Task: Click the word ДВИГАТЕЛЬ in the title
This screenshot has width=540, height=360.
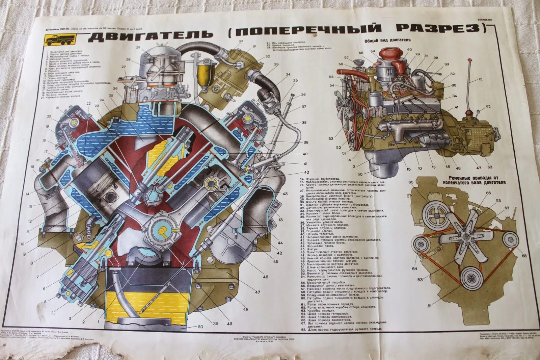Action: click(151, 35)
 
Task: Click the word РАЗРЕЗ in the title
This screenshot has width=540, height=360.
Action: click(440, 28)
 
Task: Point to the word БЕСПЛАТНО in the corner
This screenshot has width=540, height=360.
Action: click(485, 20)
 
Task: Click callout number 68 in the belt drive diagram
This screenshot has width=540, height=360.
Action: click(524, 256)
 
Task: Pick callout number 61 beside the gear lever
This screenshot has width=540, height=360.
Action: click(481, 80)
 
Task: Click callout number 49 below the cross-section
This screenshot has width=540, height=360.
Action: click(230, 324)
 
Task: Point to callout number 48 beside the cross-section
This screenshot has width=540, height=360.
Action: click(245, 309)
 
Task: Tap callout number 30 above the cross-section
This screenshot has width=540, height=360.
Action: click(241, 41)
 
